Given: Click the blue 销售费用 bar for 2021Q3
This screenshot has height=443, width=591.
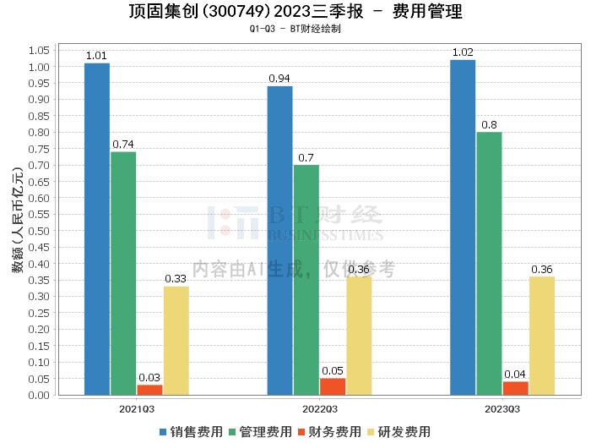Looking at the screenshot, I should click(x=97, y=228).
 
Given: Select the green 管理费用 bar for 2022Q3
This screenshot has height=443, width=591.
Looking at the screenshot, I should click(x=306, y=279).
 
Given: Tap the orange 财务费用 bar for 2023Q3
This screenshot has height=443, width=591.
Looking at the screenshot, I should click(x=515, y=388).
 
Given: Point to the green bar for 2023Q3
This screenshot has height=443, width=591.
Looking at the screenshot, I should click(x=489, y=263).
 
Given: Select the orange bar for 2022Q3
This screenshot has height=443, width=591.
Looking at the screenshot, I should click(x=333, y=386).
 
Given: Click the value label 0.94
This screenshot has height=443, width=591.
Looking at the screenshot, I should click(x=279, y=78).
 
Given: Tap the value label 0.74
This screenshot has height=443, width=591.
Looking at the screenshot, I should click(x=123, y=144).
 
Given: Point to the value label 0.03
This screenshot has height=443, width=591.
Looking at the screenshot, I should click(x=149, y=377).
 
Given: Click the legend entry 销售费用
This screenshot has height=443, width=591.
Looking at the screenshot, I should click(x=192, y=431).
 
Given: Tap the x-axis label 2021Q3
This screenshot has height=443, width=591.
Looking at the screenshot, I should click(x=137, y=407).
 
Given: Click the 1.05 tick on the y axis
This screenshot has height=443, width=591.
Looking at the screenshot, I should click(x=39, y=50).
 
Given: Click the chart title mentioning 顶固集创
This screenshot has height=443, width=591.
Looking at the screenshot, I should click(x=295, y=12).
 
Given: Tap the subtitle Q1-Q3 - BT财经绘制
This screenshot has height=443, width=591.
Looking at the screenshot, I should click(x=295, y=29).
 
